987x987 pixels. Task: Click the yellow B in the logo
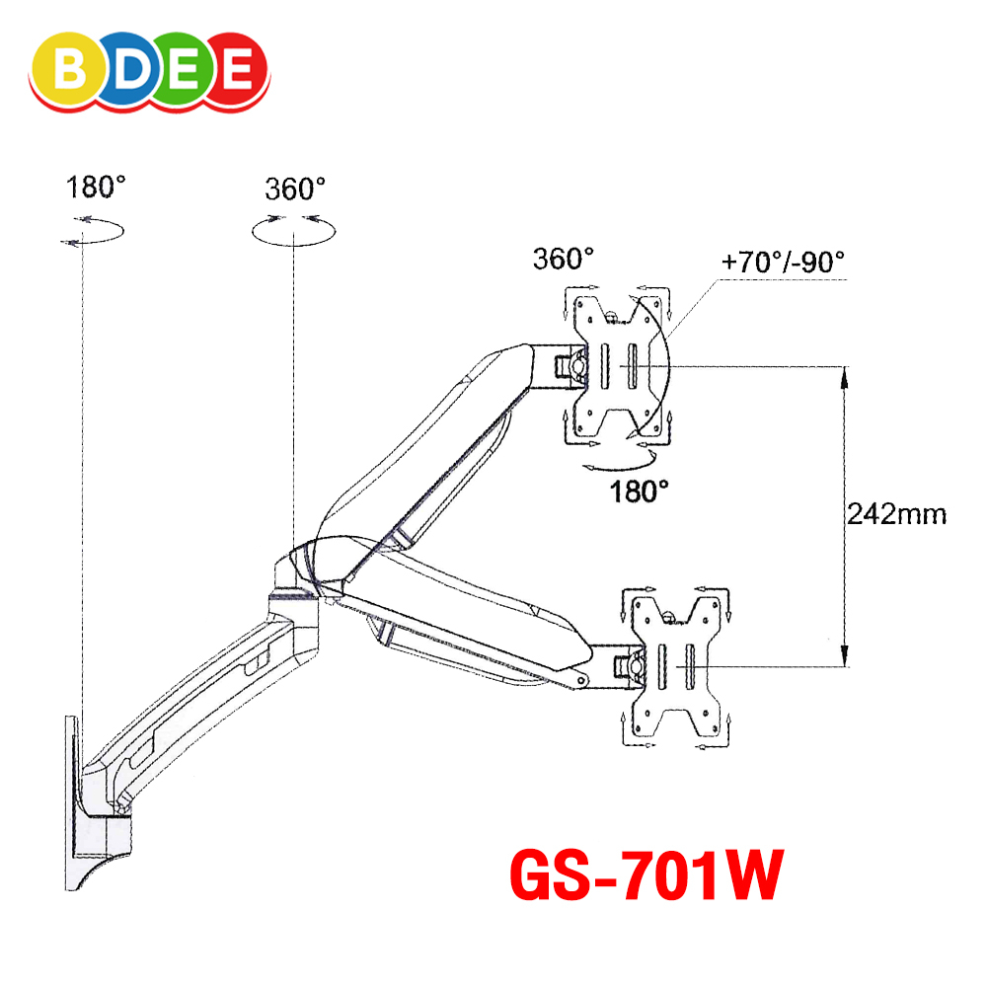pos(70,69)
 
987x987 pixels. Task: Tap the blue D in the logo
pos(131,69)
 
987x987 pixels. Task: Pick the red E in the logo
pos(238,69)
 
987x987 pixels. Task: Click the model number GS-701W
pos(646,875)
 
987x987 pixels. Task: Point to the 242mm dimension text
pos(896,514)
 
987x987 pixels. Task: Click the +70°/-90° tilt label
pos(783,262)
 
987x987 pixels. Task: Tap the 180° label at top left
pos(96,187)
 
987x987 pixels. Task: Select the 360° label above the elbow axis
pos(294,189)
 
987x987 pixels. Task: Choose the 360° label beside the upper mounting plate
pos(563,259)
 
